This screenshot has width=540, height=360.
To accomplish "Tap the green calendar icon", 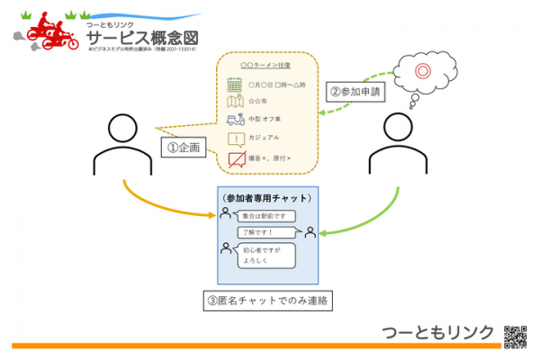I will click(x=235, y=85).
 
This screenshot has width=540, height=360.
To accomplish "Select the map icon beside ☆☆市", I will click(x=235, y=102).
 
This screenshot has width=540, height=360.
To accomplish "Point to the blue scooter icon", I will click(x=235, y=120).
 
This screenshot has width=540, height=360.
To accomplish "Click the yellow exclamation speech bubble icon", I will click(x=235, y=139).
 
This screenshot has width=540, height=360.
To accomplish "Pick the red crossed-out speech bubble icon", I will click(x=236, y=159).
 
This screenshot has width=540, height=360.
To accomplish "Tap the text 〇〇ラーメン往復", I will click(x=267, y=66).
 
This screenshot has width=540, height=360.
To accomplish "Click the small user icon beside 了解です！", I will click(x=310, y=232).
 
